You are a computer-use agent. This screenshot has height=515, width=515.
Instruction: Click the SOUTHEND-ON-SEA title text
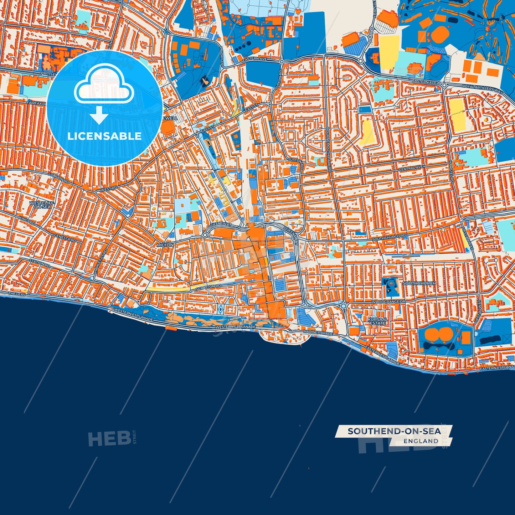coord(394,431)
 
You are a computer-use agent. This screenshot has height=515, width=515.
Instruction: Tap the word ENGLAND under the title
coord(421,441)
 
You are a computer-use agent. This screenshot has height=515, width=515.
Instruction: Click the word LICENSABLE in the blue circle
coord(104,136)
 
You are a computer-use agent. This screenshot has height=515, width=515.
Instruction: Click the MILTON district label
coord(165,245)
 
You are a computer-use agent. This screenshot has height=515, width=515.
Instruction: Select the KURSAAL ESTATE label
coord(377,321)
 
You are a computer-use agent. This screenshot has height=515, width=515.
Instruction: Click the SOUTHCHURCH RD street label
coord(389,237)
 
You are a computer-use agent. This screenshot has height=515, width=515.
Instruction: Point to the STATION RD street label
coord(39,263)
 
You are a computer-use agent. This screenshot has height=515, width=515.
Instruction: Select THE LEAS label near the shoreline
coord(17,294)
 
